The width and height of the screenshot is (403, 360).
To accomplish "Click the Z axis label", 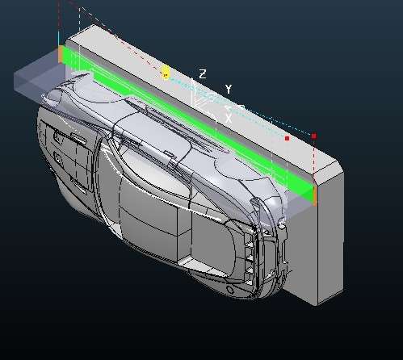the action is tap(203, 73).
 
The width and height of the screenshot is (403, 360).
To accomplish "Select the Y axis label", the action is tap(229, 89).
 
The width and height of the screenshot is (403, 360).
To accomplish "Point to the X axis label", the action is tap(229, 119).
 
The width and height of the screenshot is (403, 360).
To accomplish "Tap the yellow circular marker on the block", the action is tap(166, 73).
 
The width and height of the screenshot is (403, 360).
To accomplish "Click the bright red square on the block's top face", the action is tap(287, 138).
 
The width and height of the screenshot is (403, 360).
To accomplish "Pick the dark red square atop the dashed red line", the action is tap(314, 136).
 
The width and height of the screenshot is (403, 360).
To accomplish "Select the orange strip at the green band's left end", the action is tap(61, 55).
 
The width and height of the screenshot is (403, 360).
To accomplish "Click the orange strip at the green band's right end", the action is tap(315, 195).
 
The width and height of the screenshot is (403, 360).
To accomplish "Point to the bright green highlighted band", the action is tap(188, 120).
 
